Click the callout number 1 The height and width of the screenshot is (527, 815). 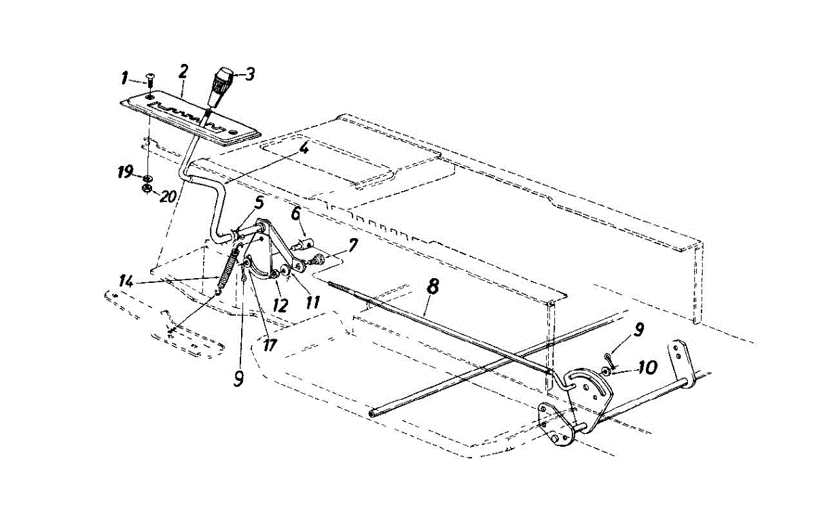(124, 79)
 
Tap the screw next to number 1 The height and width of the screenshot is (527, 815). (150, 82)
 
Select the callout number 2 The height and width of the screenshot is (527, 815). (183, 71)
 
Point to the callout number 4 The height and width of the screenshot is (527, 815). (305, 148)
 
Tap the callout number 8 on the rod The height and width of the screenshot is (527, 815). (433, 286)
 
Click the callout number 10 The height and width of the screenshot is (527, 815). (647, 368)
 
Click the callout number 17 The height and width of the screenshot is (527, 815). (270, 345)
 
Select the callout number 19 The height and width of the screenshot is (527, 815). (124, 174)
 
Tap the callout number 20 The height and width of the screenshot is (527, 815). (168, 197)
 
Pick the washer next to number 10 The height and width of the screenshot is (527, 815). (604, 371)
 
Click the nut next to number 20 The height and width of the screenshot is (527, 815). (146, 188)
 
